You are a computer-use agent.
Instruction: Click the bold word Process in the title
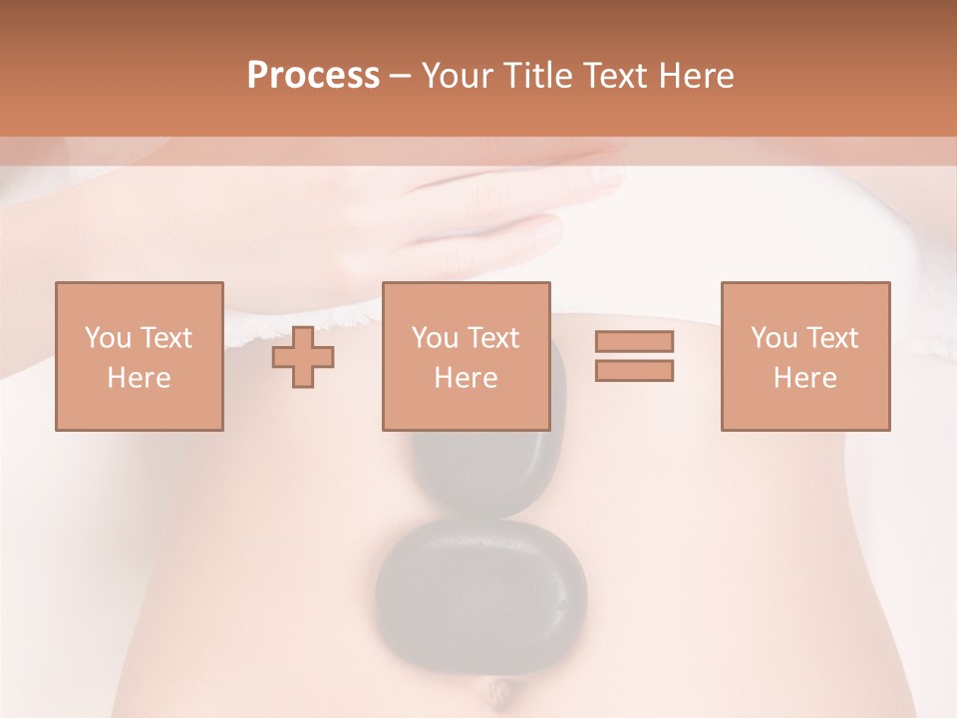pos(313,76)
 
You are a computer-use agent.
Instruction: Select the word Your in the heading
pos(456,76)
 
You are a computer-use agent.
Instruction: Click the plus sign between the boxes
pos(303,357)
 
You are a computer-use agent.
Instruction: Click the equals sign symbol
pos(634,356)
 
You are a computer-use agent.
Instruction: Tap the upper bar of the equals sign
pos(634,342)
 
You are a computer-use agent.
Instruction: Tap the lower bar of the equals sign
pos(634,370)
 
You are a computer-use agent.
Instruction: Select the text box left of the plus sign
pos(139,356)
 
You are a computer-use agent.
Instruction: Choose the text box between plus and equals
pos(466,356)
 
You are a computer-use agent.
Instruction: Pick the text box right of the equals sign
pos(804,356)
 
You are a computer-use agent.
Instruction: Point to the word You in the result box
pos(774,338)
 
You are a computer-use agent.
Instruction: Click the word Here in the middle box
pos(466,378)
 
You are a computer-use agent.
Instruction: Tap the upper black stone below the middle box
pos(488,469)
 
